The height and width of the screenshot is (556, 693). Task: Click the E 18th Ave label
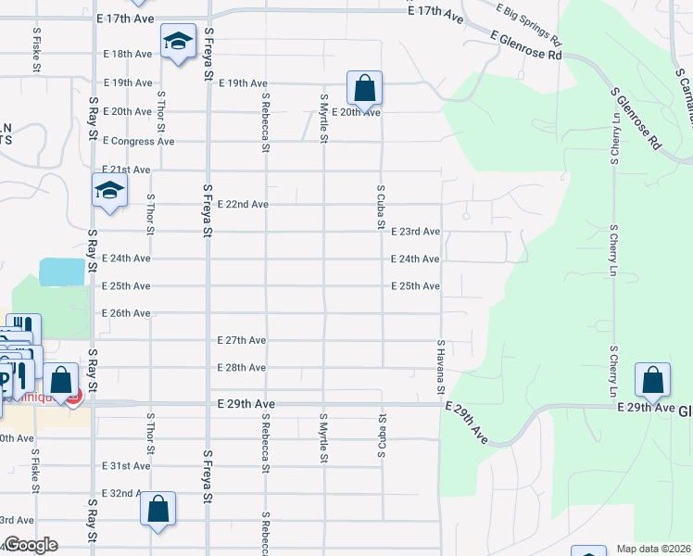click(128, 55)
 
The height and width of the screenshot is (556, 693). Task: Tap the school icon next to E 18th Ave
click(178, 42)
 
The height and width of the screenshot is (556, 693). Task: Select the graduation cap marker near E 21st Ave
click(109, 191)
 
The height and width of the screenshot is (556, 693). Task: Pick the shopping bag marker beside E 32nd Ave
click(158, 509)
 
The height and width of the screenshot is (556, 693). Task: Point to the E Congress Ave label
click(139, 142)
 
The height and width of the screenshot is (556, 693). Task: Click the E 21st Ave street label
click(128, 171)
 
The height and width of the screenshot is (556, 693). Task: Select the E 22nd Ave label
click(243, 204)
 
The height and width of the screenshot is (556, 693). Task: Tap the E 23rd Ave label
click(415, 232)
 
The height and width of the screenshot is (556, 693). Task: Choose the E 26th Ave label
click(126, 313)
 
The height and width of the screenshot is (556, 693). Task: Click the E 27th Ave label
click(242, 341)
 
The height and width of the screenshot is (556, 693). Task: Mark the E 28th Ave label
click(242, 368)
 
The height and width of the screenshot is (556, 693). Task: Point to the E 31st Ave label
click(126, 466)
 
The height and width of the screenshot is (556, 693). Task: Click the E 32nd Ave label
click(122, 494)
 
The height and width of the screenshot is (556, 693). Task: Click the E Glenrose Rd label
click(527, 47)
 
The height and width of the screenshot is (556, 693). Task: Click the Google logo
click(31, 545)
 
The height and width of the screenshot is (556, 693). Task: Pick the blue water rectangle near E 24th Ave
click(63, 272)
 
